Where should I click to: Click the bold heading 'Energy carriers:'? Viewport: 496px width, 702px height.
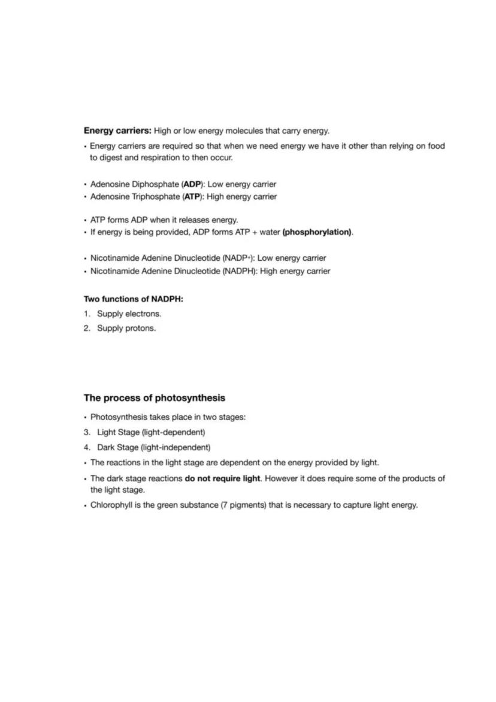point(117,131)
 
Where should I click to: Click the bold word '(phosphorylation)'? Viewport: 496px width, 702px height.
point(317,232)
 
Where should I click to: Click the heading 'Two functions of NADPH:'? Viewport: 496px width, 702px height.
point(133,299)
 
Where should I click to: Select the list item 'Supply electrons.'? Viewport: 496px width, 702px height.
point(129,314)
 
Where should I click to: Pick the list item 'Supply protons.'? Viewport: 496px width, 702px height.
point(126,329)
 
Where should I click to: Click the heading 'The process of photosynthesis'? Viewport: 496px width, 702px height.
point(154,398)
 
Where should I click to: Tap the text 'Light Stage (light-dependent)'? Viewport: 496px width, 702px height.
point(151,432)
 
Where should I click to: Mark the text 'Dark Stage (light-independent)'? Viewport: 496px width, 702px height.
point(153,447)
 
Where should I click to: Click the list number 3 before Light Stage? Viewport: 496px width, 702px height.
point(87,432)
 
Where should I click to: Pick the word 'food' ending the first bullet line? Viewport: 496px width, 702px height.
point(436,146)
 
